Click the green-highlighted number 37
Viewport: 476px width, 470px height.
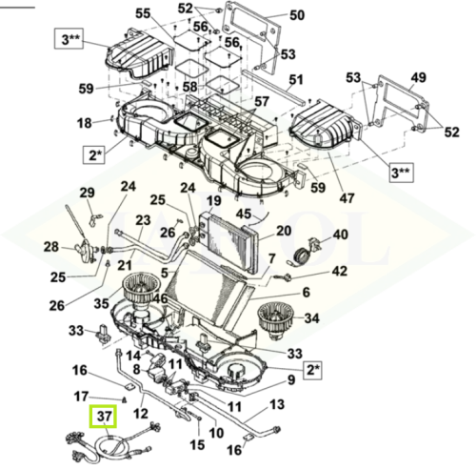click(x=104, y=417)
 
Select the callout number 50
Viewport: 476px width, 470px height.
click(x=297, y=15)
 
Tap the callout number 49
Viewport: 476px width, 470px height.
click(x=418, y=77)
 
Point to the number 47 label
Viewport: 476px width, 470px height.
click(x=347, y=198)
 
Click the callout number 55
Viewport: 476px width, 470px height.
click(x=143, y=13)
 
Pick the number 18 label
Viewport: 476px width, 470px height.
click(x=85, y=123)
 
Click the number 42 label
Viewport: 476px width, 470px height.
click(x=339, y=271)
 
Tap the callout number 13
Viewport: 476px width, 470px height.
click(x=277, y=404)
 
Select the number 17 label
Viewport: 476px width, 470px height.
click(x=81, y=397)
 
